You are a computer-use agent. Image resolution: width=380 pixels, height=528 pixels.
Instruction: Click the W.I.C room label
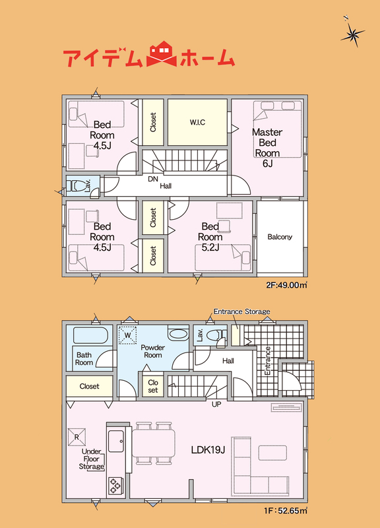pos(197,122)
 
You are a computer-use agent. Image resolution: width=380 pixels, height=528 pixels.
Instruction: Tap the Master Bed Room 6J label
pos(267,147)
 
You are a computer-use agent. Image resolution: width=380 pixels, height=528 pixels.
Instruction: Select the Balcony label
pos(280,237)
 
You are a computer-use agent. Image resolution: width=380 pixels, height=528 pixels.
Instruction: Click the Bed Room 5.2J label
pos(210,237)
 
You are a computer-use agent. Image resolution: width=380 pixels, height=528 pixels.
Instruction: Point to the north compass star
pos(352,32)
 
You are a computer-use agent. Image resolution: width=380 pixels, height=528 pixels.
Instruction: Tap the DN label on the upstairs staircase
pos(153,179)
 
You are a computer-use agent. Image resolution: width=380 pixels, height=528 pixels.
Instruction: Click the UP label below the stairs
pos(216,404)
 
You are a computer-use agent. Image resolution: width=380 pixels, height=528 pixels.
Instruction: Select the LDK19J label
pos(208,449)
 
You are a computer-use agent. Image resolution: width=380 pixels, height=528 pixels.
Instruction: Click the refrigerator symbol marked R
pos(77,437)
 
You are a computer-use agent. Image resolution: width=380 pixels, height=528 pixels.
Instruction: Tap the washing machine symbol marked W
pos(127,335)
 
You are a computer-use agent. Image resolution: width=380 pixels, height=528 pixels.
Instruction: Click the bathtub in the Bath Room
pos(90,335)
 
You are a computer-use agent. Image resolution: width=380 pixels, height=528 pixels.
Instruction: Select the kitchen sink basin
pos(116,441)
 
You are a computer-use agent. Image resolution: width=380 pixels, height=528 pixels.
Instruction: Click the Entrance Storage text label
pos(241,312)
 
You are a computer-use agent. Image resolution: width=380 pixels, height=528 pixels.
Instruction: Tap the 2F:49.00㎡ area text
pos(286,285)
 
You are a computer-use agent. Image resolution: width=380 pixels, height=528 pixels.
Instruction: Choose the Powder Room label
pos(153,351)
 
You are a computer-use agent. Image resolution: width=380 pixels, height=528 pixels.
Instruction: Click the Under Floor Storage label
pos(92,459)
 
